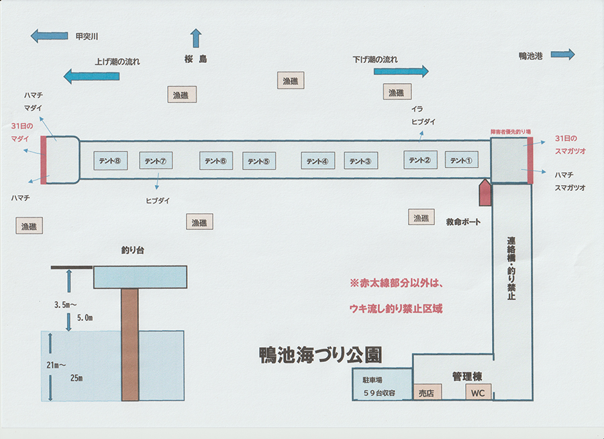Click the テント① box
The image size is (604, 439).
coord(462,160)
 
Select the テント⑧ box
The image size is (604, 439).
coord(109,161)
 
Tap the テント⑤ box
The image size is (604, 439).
coord(258,161)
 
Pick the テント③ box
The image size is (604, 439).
coord(361,161)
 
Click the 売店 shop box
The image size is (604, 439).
coord(426,392)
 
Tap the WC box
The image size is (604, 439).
coord(478,392)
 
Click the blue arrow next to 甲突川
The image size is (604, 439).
coord(50,36)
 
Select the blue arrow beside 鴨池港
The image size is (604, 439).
coord(562,54)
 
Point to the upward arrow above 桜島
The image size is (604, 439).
coord(196,38)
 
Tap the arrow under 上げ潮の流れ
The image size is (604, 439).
coord(91,76)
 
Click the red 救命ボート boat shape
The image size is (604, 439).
coord(485,192)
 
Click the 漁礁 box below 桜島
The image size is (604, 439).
coord(181,95)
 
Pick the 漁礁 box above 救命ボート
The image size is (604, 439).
coord(421,217)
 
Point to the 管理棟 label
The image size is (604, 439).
coord(466,376)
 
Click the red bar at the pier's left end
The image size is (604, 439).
coord(44,160)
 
